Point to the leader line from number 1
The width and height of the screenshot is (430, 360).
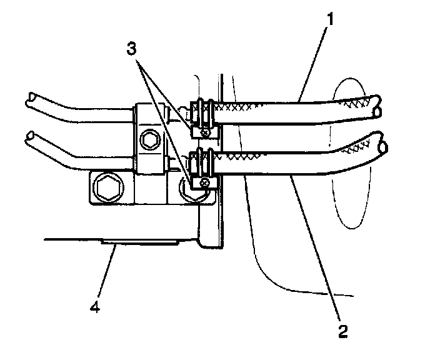click(312, 59)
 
